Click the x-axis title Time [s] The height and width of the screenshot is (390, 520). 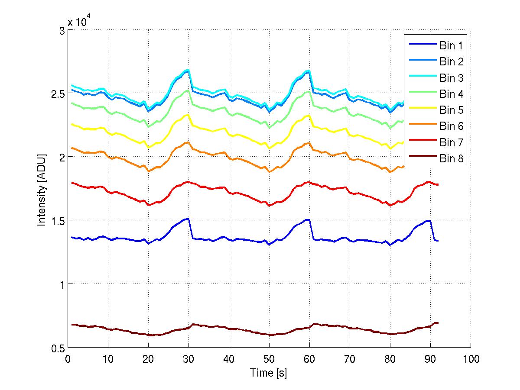coord(268,373)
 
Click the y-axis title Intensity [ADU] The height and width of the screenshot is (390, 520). coord(42,189)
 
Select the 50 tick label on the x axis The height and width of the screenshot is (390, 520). coord(269,359)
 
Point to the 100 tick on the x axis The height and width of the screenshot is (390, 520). coord(471,359)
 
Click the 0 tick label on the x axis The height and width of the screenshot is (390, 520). coord(68,359)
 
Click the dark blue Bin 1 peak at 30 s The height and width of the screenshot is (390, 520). coord(188,219)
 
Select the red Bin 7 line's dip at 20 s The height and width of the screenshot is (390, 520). coord(148,205)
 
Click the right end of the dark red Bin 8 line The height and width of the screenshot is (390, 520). coord(438,323)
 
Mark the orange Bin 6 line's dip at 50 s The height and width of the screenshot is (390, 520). coord(269,172)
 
